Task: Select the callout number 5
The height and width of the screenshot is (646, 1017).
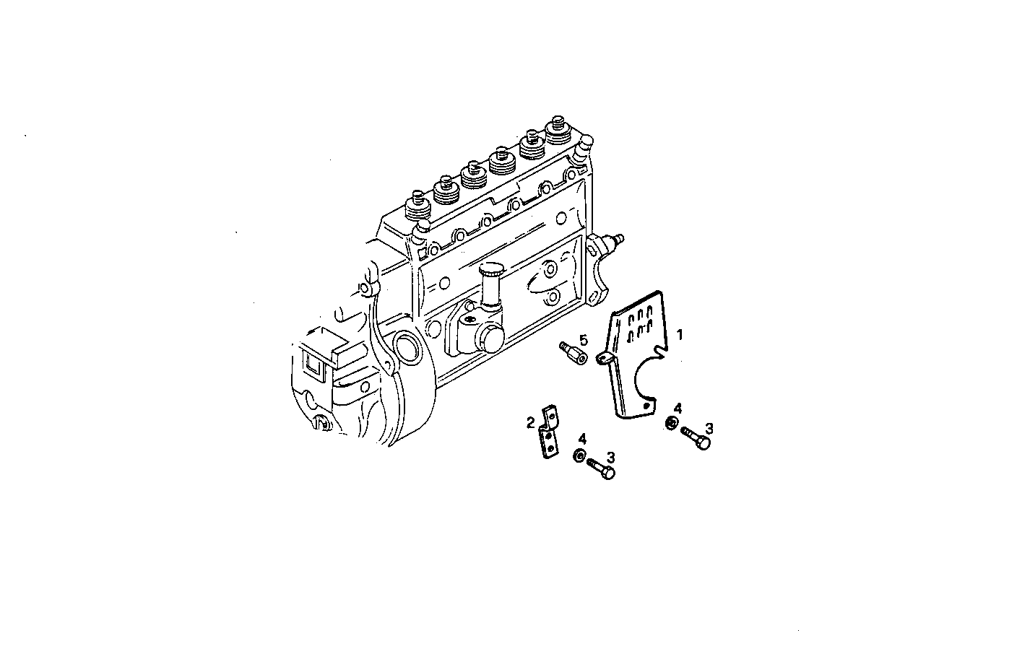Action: (583, 339)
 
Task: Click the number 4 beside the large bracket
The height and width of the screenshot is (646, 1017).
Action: (677, 409)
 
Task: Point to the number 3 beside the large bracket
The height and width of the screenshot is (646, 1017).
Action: (709, 428)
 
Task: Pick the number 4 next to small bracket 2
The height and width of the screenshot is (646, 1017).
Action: (581, 439)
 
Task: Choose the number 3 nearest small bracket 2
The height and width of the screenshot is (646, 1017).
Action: (610, 456)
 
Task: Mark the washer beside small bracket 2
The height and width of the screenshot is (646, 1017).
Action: (579, 456)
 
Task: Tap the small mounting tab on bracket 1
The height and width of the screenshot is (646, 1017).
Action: (605, 358)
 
